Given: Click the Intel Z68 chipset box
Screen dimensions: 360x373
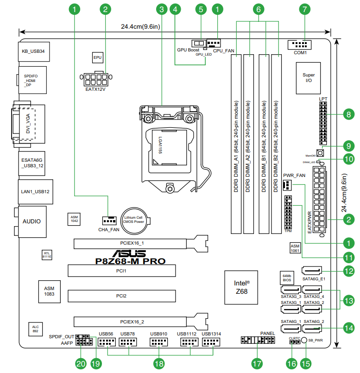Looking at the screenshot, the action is point(241,287).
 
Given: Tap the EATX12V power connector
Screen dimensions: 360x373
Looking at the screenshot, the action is point(96,78).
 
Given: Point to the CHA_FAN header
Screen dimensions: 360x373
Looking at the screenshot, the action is point(109,221).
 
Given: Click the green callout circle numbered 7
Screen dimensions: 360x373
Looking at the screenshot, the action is point(305,9).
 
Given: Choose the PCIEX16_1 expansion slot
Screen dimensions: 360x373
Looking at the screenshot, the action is point(141,243).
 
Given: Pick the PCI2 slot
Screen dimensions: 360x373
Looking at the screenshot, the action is point(122,296).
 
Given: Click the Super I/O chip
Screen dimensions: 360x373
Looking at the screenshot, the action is point(309,78).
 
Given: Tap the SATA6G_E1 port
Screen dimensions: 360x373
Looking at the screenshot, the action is point(312,271).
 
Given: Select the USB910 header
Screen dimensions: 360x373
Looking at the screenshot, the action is point(159,342).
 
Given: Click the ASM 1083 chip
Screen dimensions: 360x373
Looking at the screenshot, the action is point(50,291).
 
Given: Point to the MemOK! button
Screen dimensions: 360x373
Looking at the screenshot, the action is point(320,153).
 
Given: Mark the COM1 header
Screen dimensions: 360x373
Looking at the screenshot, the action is point(300,44).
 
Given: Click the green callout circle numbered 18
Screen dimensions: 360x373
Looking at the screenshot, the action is point(159,364).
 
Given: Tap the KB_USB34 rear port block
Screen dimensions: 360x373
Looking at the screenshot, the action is point(34,51).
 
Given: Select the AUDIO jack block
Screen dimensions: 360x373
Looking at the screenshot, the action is point(32,221).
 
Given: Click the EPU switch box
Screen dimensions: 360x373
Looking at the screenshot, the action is point(98,57).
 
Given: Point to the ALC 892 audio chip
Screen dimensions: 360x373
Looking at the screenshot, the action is point(36,329).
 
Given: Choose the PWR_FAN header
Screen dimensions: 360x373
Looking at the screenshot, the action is point(287,185).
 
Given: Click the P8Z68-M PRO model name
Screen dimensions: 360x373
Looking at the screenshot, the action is point(130,261).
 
